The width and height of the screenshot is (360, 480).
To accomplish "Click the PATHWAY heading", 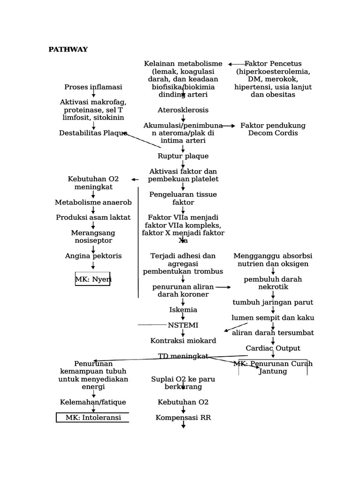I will pyautogui.click(x=68, y=49).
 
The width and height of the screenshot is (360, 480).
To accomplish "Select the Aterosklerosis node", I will pyautogui.click(x=183, y=110).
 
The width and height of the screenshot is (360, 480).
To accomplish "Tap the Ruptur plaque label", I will pyautogui.click(x=183, y=156).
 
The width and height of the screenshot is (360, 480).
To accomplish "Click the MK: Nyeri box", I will pyautogui.click(x=93, y=279).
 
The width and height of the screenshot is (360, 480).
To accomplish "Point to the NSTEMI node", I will pyautogui.click(x=183, y=325).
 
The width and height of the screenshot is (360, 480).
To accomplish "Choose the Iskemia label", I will pyautogui.click(x=183, y=309).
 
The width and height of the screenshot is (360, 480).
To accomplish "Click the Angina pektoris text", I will pyautogui.click(x=93, y=255).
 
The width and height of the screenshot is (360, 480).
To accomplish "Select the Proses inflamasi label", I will pyautogui.click(x=93, y=87).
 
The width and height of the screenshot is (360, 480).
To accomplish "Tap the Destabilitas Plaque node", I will pyautogui.click(x=93, y=133).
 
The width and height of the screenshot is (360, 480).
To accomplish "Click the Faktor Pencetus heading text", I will pyautogui.click(x=273, y=64).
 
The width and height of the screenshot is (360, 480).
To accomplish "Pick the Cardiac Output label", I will pyautogui.click(x=273, y=348).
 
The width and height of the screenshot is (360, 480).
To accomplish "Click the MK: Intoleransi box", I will pyautogui.click(x=93, y=417).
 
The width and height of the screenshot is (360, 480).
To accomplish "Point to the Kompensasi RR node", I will pyautogui.click(x=183, y=417).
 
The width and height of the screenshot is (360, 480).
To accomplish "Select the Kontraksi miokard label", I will pyautogui.click(x=183, y=340).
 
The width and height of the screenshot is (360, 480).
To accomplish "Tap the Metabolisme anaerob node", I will pyautogui.click(x=93, y=202).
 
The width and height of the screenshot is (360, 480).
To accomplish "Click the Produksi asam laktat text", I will pyautogui.click(x=93, y=217).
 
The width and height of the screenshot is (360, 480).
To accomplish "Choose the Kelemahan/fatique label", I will pyautogui.click(x=93, y=402).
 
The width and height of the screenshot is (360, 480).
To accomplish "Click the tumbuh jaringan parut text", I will pyautogui.click(x=273, y=302).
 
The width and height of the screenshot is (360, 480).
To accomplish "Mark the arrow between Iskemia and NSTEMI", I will pyautogui.click(x=183, y=317).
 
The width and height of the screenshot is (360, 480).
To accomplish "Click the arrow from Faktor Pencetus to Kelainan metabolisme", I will pyautogui.click(x=237, y=64).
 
